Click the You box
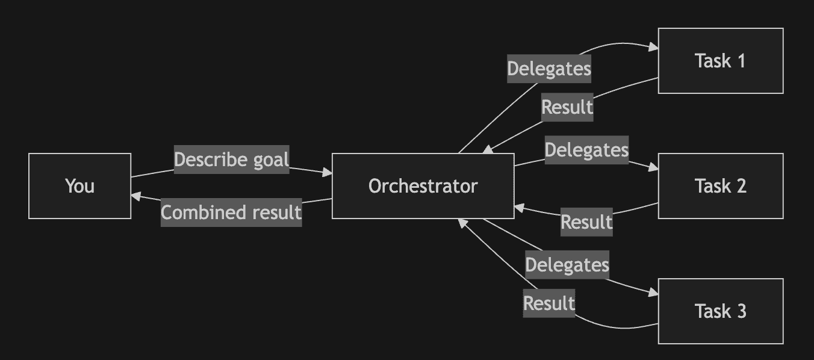click(79, 186)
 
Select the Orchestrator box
click(423, 186)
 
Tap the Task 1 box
click(720, 61)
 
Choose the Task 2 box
click(720, 186)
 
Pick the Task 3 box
click(720, 311)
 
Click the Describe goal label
click(231, 160)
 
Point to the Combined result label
click(231, 213)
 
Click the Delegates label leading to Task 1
click(548, 69)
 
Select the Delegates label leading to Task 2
click(586, 150)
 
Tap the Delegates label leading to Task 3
click(567, 265)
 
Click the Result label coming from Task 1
click(567, 107)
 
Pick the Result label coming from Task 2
click(586, 222)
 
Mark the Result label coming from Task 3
click(548, 303)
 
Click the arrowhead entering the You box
click(136, 196)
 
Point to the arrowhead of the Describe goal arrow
click(327, 173)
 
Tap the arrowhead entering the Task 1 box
click(653, 48)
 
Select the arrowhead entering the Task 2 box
click(653, 169)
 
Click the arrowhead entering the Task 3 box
click(653, 293)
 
